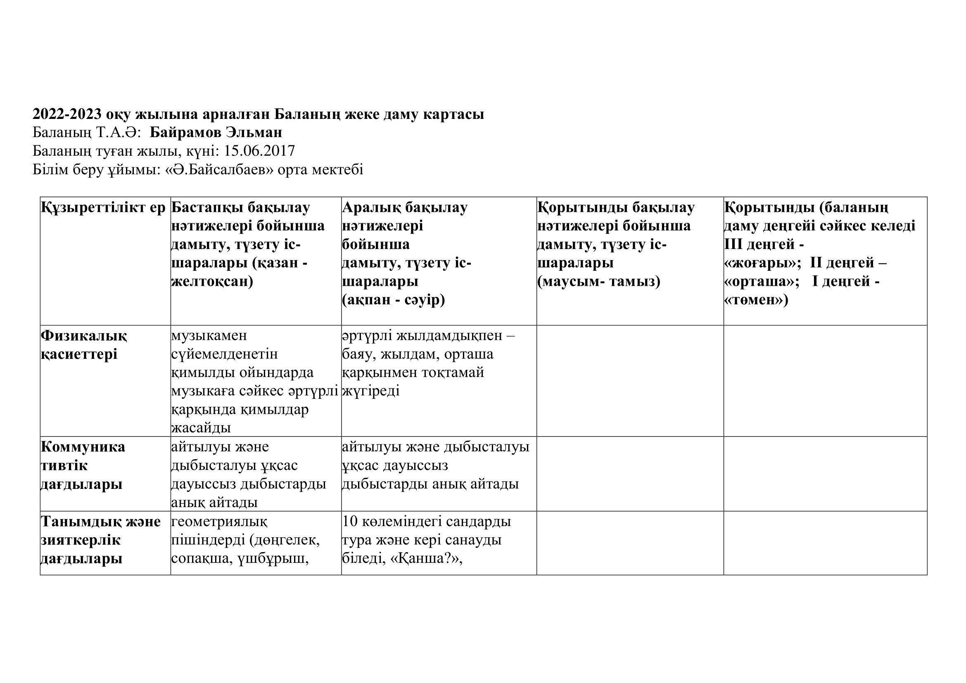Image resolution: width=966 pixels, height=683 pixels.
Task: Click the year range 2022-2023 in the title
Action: (67, 114)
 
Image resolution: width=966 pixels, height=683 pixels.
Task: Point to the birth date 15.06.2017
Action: (260, 151)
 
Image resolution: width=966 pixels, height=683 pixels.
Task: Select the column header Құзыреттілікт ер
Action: (104, 208)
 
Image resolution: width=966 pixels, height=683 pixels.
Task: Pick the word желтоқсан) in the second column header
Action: (212, 281)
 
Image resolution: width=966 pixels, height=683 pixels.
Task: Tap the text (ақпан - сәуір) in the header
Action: (394, 300)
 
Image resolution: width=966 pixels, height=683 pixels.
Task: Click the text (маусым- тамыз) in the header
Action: (599, 281)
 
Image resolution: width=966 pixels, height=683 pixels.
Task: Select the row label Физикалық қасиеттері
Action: (84, 345)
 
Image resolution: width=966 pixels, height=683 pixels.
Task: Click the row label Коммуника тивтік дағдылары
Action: (83, 465)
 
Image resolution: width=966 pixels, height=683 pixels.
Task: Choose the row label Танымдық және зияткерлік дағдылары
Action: (100, 540)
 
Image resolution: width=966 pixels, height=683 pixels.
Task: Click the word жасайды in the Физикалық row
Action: (201, 428)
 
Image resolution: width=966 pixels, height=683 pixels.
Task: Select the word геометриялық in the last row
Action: (219, 522)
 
